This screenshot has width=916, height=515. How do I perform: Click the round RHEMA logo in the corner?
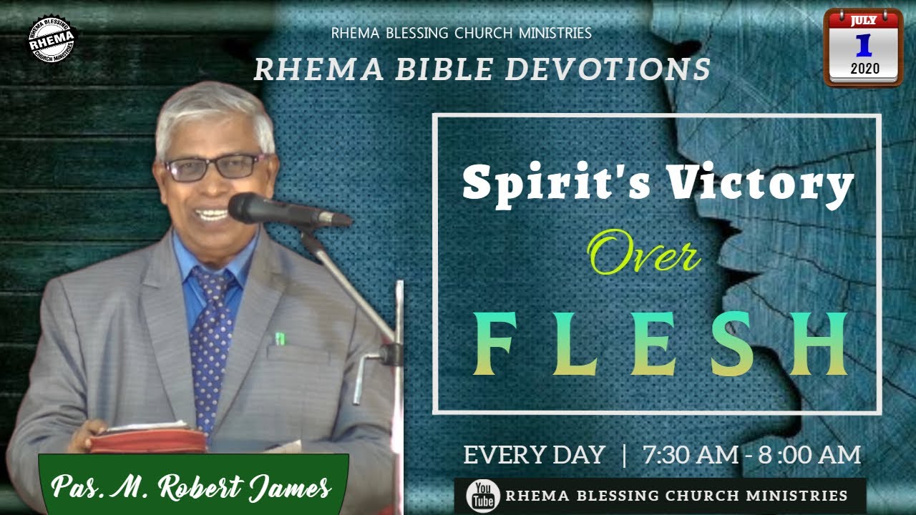52,39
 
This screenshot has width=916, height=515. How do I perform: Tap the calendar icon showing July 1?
863,47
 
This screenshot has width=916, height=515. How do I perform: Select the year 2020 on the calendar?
864,69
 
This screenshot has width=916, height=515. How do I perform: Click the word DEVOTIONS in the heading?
608,69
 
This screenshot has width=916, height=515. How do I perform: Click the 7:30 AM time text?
688,456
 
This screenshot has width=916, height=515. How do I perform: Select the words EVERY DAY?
534,456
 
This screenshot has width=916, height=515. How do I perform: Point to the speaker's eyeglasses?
215,167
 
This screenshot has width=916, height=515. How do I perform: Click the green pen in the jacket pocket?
280,338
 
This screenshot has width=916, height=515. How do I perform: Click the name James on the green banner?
294,489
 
